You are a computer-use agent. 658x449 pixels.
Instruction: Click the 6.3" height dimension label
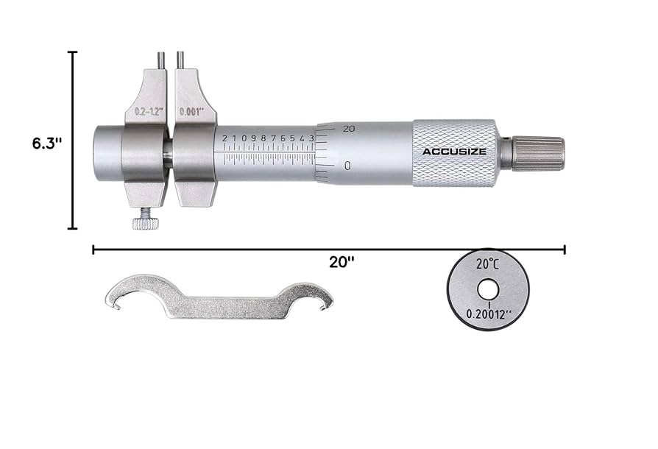tap(46, 143)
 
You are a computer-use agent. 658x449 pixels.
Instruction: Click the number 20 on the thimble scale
tap(348, 129)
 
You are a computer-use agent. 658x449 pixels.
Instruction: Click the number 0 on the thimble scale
tap(347, 166)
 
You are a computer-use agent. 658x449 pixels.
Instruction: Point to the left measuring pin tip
tap(160, 54)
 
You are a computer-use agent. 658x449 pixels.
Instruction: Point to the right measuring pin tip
tap(180, 54)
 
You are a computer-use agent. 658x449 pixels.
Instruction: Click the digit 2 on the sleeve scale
tap(224, 138)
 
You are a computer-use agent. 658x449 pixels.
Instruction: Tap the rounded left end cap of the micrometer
tap(107, 153)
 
